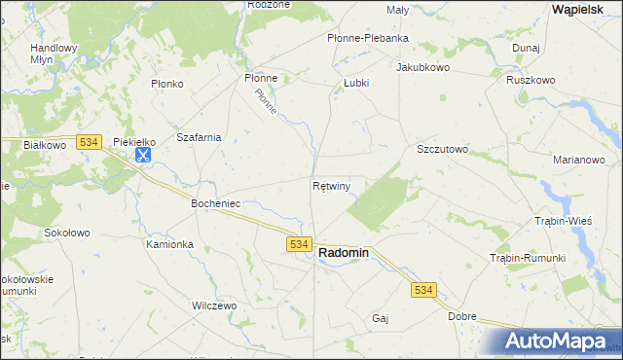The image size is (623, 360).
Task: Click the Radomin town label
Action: pos(344,252)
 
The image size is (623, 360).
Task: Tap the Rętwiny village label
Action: pos(331,184)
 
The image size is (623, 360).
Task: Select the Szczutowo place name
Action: pos(443,150)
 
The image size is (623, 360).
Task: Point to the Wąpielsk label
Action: pos(581,8)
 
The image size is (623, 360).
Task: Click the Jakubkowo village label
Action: pos(422,68)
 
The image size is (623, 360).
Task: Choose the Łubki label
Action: pos(356,83)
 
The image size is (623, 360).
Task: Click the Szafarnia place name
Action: pos(199,137)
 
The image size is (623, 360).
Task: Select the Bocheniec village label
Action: pos(216,203)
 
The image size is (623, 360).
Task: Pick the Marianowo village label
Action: pos(579,160)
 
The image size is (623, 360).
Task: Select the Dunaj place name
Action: pos(526,47)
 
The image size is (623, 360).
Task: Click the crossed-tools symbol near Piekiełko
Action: pos(142,154)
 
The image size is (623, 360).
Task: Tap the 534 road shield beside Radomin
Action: pos(299,244)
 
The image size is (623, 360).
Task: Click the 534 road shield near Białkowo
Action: pos(89,141)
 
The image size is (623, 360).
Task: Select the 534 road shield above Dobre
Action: pos(422,290)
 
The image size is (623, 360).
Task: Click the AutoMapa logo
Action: pos(556,341)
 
